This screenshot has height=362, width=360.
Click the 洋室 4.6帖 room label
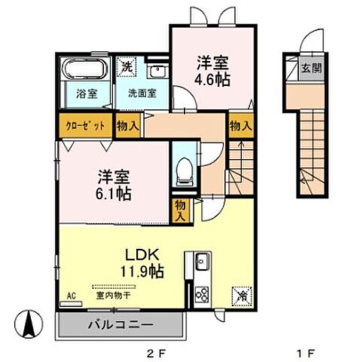click(x=213, y=69)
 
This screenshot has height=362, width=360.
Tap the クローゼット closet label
click(x=84, y=125)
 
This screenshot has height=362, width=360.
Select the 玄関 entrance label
click(x=311, y=68)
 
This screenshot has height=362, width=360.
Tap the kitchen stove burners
click(x=202, y=294)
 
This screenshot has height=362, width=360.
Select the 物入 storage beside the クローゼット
click(x=127, y=126)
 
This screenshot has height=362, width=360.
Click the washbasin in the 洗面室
click(x=157, y=72)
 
